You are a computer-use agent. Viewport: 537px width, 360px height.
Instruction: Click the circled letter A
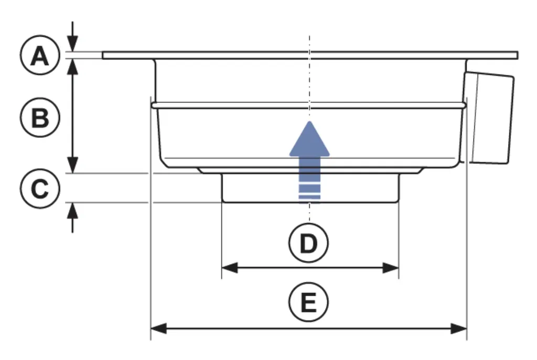tap(40, 55)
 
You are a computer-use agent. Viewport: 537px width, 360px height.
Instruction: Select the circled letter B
tap(40, 117)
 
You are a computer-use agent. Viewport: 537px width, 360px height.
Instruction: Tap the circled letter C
tap(40, 188)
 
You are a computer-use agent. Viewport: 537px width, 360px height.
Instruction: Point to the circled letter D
tap(308, 243)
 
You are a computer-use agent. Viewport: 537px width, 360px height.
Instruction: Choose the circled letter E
tap(308, 302)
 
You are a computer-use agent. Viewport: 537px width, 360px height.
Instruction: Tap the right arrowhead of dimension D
tap(391, 268)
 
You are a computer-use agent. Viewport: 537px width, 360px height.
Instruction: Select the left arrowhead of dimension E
tap(159, 329)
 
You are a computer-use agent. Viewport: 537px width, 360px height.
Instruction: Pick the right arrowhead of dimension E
tap(458, 329)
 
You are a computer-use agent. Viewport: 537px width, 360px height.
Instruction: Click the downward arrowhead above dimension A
tap(72, 43)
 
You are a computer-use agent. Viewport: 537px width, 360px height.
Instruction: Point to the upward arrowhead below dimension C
tap(72, 211)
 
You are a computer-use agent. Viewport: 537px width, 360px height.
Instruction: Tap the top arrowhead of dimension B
tap(72, 67)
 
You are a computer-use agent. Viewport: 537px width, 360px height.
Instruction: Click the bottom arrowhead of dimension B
tap(72, 165)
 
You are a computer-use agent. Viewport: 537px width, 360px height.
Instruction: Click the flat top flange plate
tap(310, 55)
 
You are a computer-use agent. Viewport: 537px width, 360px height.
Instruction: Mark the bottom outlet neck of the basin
tap(310, 188)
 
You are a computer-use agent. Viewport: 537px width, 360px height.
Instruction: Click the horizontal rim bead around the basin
tap(309, 105)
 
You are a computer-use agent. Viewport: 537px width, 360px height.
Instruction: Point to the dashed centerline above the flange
tap(309, 43)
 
